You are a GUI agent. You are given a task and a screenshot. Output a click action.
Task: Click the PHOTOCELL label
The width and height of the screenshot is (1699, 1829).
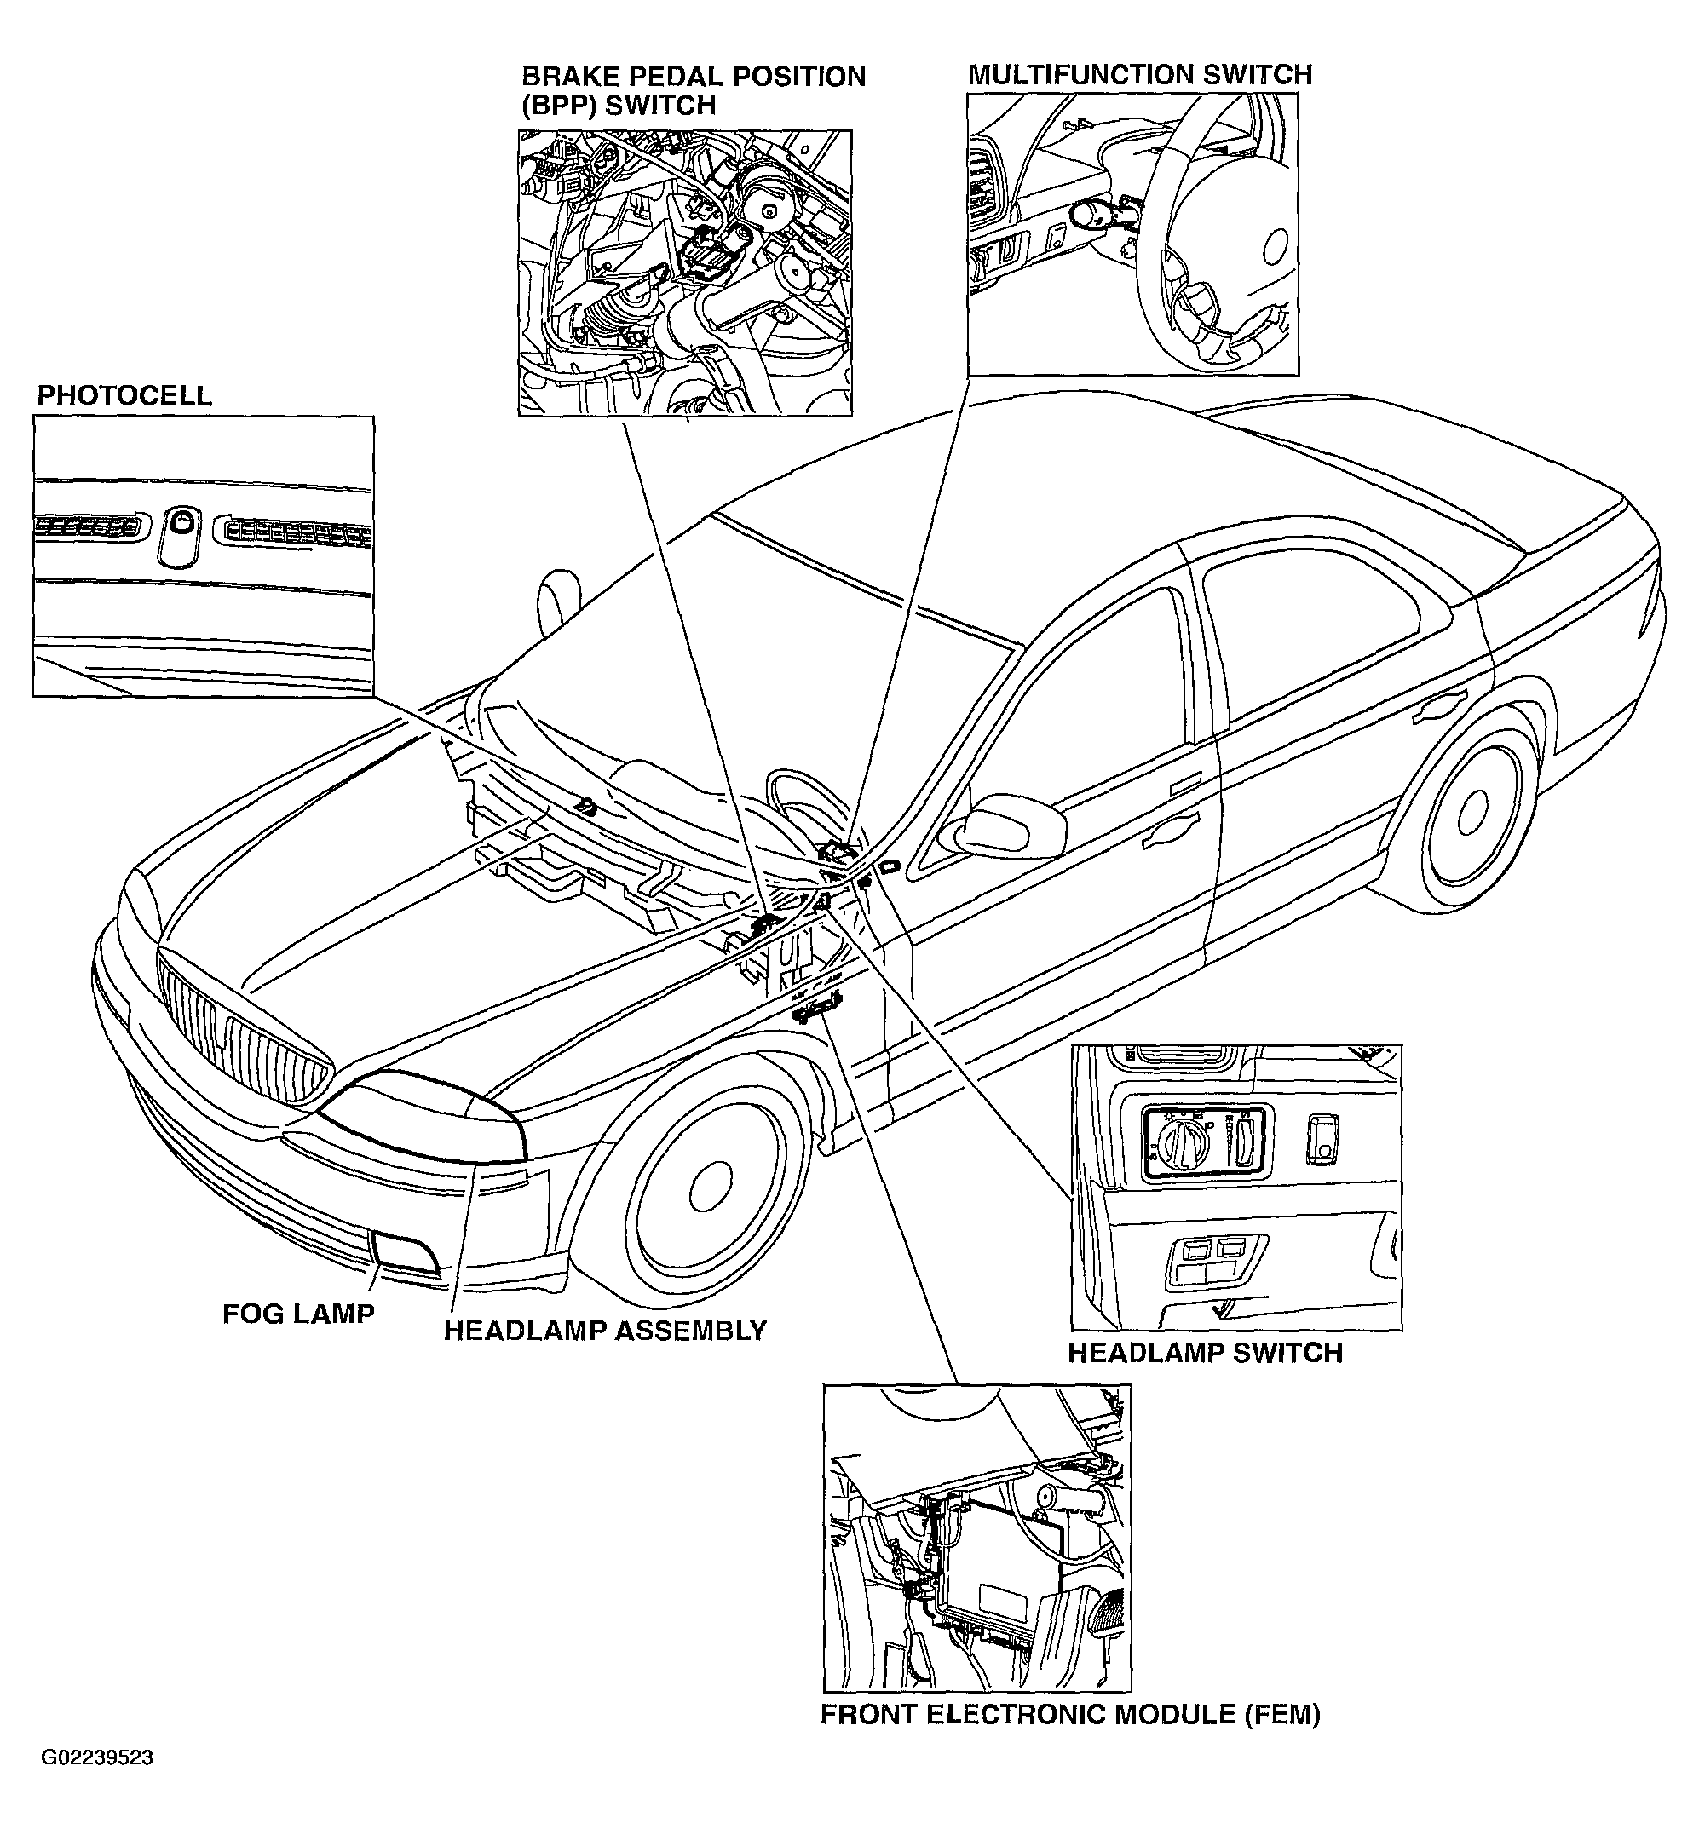click(124, 396)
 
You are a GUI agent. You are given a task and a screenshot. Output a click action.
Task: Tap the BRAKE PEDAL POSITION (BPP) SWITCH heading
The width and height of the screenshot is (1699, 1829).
click(694, 90)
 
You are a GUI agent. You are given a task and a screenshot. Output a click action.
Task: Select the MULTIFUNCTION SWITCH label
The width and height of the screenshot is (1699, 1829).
click(1140, 74)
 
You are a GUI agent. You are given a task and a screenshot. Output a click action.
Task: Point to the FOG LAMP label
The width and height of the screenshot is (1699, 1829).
click(299, 1314)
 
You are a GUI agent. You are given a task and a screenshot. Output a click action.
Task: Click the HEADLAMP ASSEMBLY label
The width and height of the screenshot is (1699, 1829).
click(605, 1331)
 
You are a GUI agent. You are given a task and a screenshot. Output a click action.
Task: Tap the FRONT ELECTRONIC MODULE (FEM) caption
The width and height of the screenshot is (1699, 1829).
click(1070, 1714)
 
